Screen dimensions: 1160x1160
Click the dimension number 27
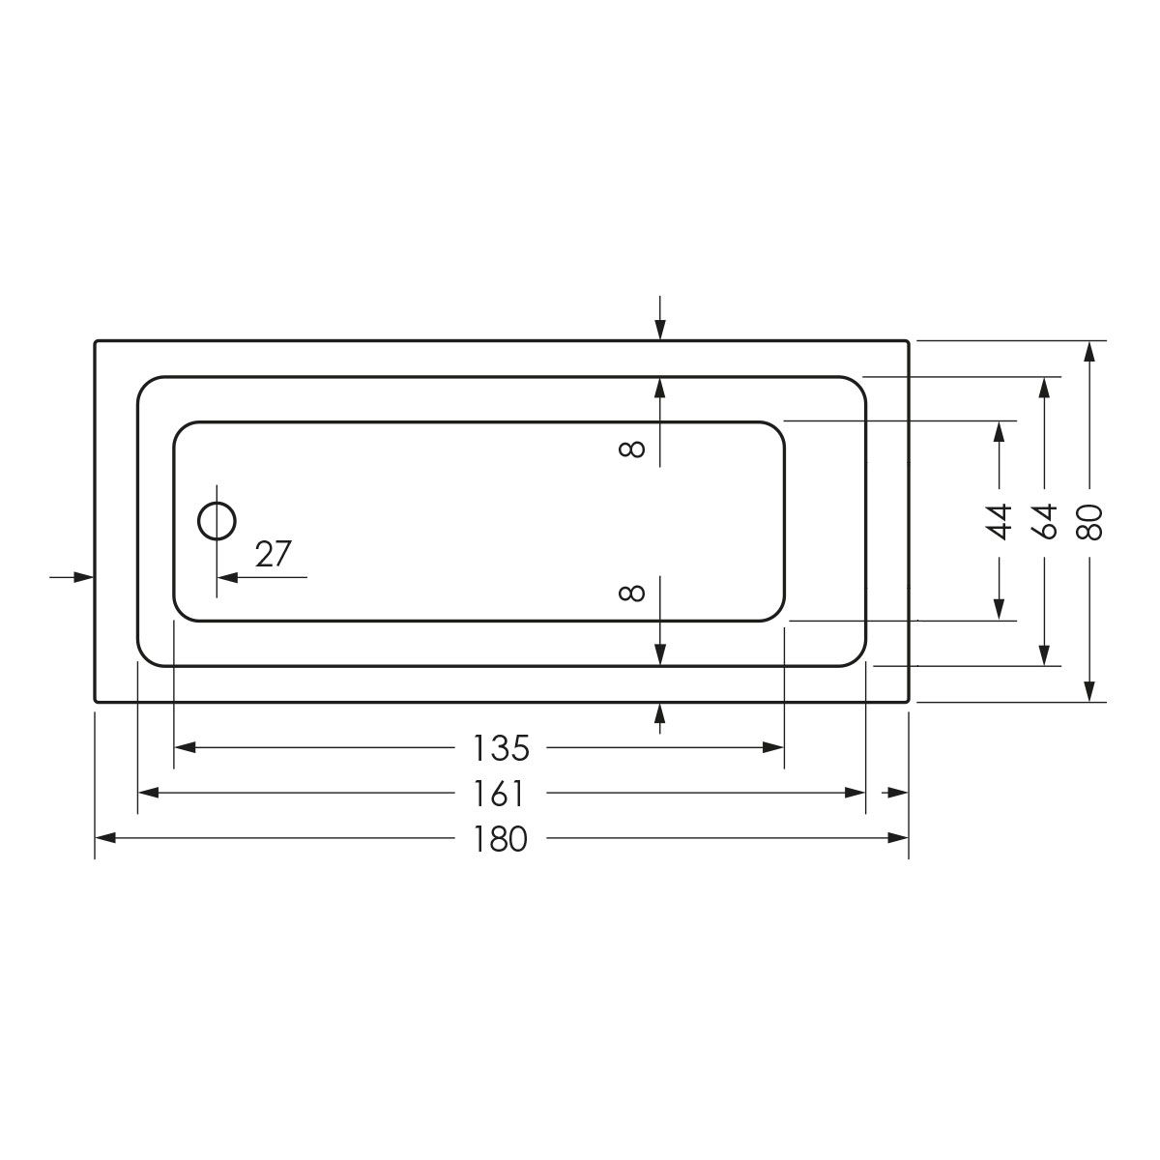pyautogui.click(x=274, y=554)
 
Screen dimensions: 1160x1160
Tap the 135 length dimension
pyautogui.click(x=501, y=747)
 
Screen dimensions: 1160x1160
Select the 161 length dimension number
pyautogui.click(x=499, y=794)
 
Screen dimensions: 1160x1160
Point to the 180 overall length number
pyautogui.click(x=501, y=838)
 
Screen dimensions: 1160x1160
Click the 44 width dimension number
pyautogui.click(x=999, y=521)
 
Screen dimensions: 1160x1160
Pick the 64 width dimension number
pyautogui.click(x=1044, y=521)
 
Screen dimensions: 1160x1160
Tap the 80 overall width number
pyautogui.click(x=1090, y=521)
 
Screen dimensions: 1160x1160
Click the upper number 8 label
pyautogui.click(x=632, y=449)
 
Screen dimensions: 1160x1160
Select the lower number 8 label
pyautogui.click(x=632, y=594)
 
